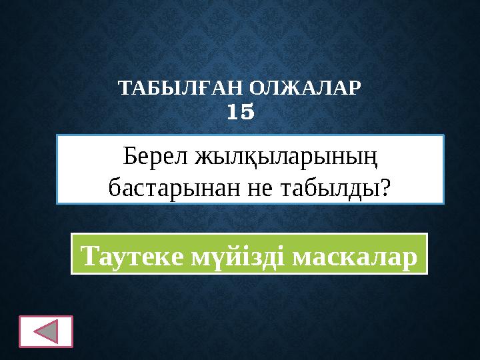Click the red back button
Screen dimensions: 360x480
46,331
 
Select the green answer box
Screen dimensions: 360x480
249,254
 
